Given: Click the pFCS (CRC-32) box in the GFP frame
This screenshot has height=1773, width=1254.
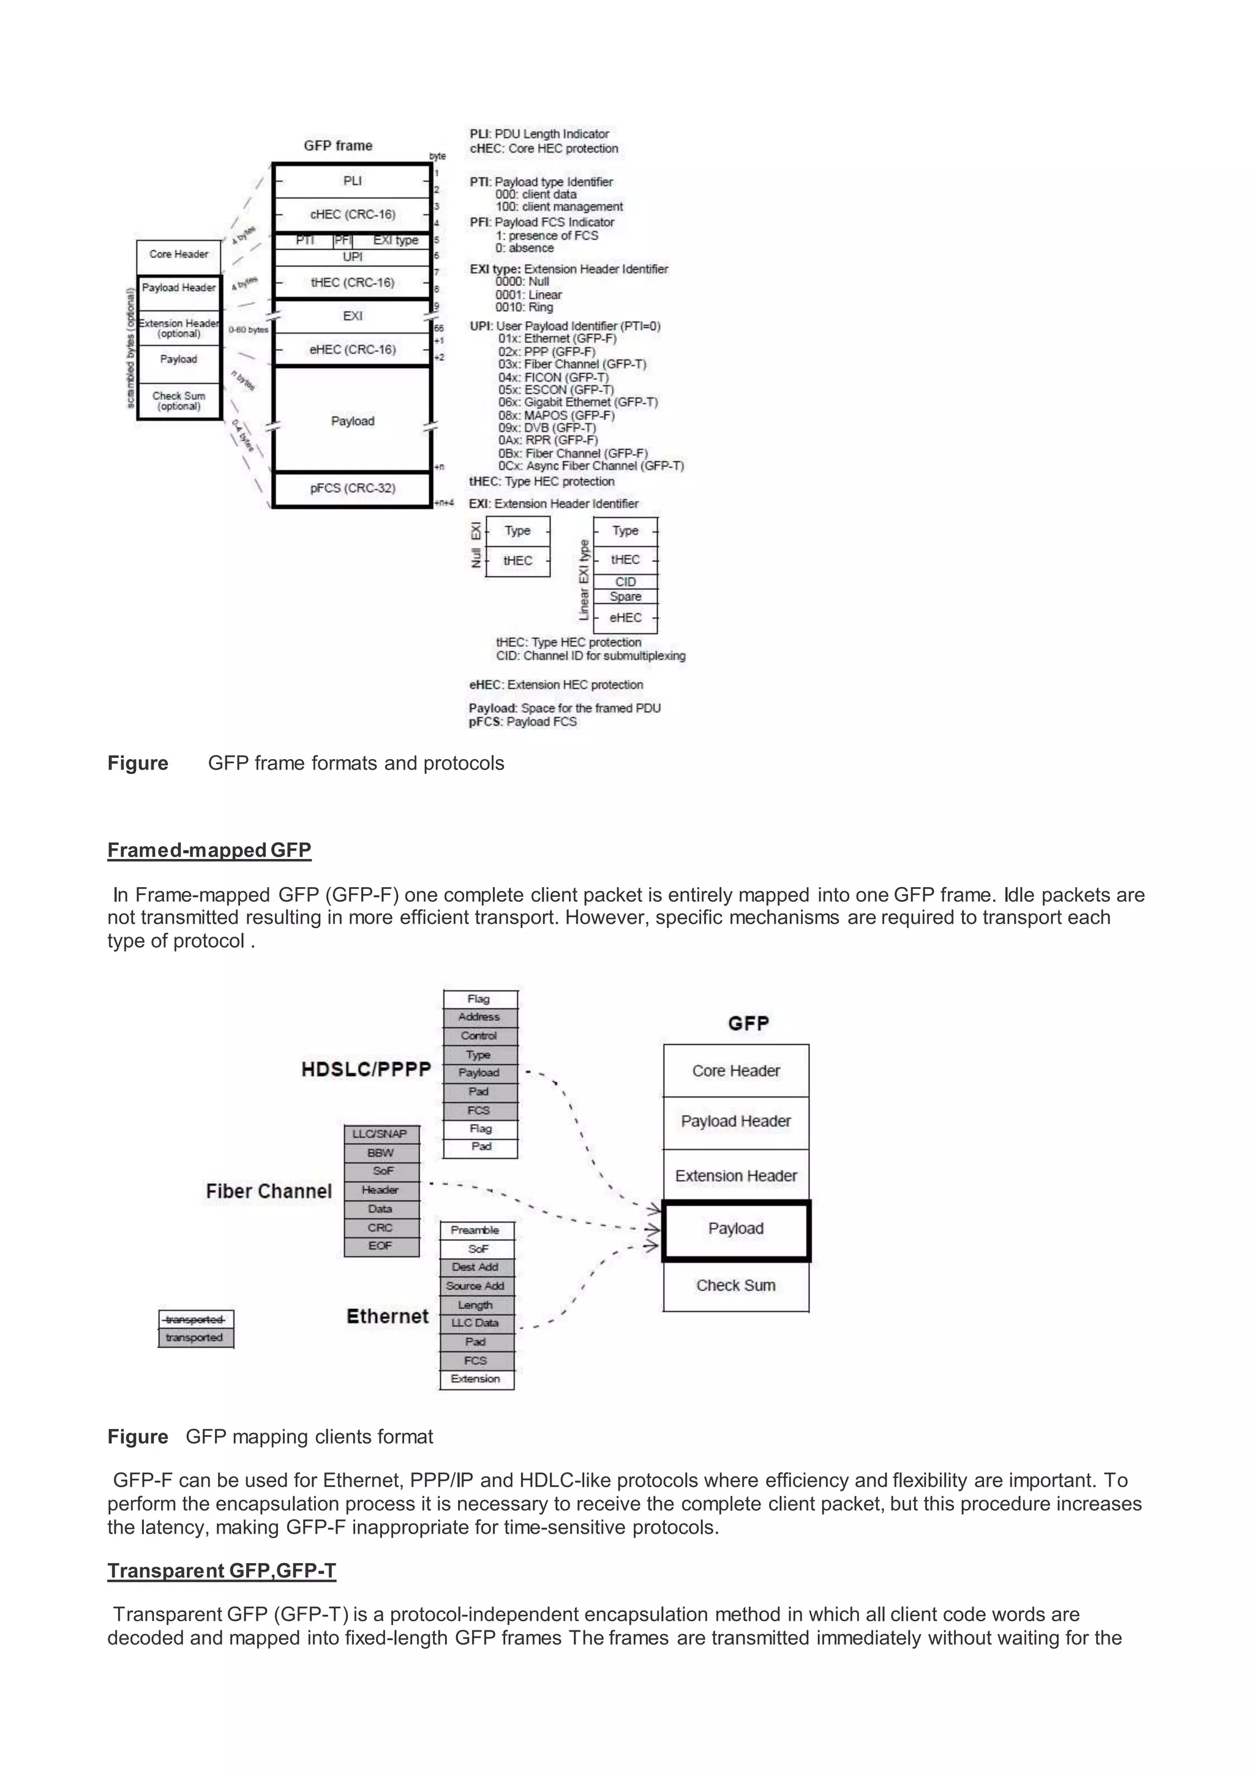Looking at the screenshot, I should click(x=352, y=488).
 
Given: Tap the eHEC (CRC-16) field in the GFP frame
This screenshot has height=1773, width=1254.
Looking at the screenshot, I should click(x=352, y=350).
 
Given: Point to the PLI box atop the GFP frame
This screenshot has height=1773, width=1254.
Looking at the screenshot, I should click(x=352, y=181).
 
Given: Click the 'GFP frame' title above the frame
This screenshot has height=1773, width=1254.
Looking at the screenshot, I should click(x=337, y=145).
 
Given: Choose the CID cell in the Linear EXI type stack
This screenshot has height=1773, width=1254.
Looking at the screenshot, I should click(x=625, y=582).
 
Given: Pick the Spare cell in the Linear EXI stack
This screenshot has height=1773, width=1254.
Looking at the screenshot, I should click(x=625, y=596).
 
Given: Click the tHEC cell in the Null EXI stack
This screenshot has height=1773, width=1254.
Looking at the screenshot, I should click(x=517, y=561).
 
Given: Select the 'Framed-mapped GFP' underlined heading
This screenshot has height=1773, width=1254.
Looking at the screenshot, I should click(x=209, y=850).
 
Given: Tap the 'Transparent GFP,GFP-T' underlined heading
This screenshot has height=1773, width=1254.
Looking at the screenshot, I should click(x=222, y=1571).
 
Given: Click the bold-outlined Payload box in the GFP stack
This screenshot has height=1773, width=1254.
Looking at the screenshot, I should click(x=736, y=1229).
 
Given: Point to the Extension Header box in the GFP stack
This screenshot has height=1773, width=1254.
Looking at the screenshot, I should click(x=736, y=1175).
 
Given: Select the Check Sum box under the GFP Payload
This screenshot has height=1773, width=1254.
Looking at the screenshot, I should click(x=736, y=1285).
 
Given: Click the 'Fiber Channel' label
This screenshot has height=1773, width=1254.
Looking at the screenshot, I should click(x=269, y=1191).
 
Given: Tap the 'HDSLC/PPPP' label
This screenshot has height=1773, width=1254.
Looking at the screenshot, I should click(x=365, y=1070).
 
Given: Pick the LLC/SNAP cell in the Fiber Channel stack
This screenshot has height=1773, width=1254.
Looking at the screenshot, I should click(x=380, y=1134).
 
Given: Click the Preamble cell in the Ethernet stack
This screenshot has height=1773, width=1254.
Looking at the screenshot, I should click(x=476, y=1230).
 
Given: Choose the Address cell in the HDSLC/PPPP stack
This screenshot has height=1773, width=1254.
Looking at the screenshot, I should click(x=479, y=1017).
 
